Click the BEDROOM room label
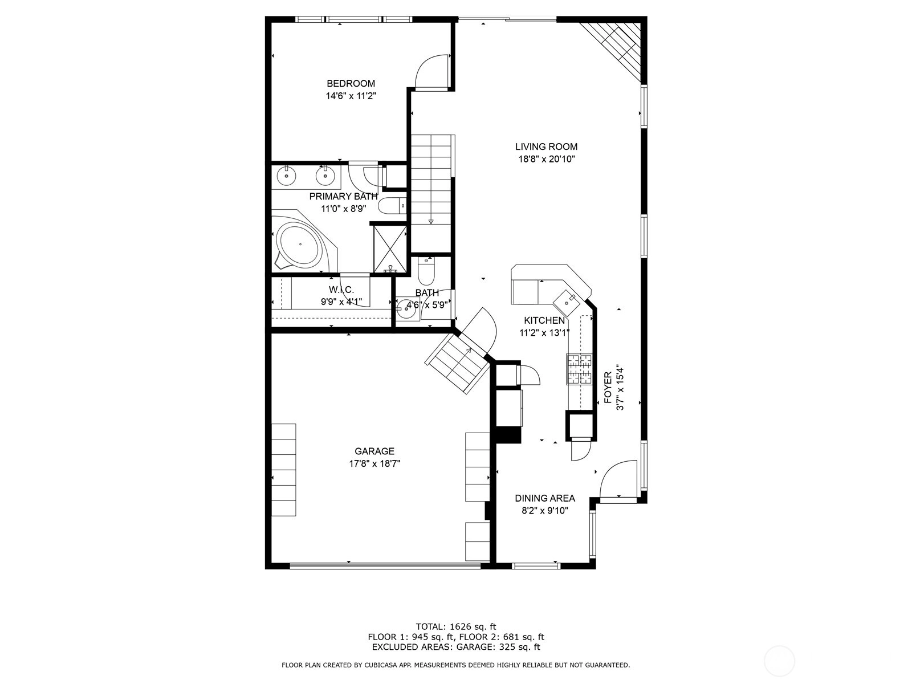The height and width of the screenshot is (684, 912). pyautogui.click(x=351, y=83)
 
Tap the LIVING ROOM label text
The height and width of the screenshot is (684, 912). pyautogui.click(x=547, y=146)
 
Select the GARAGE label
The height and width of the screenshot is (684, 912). pyautogui.click(x=374, y=451)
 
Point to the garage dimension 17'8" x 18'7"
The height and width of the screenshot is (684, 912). pyautogui.click(x=374, y=463)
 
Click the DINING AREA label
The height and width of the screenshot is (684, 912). pyautogui.click(x=545, y=498)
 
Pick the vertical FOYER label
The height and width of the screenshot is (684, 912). pyautogui.click(x=608, y=388)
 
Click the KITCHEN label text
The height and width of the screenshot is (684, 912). pyautogui.click(x=544, y=320)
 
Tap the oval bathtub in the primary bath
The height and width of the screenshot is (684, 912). pyautogui.click(x=300, y=244)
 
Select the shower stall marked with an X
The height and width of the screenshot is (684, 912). pyautogui.click(x=390, y=249)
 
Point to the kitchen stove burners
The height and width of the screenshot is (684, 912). pyautogui.click(x=579, y=369)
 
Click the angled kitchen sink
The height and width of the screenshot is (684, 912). pyautogui.click(x=566, y=302)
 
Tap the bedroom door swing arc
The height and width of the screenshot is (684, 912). pyautogui.click(x=424, y=67)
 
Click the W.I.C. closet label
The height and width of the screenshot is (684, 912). pyautogui.click(x=341, y=290)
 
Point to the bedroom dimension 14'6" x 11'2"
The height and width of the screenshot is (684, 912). pyautogui.click(x=351, y=96)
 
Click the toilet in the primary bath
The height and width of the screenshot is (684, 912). pyautogui.click(x=392, y=205)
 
